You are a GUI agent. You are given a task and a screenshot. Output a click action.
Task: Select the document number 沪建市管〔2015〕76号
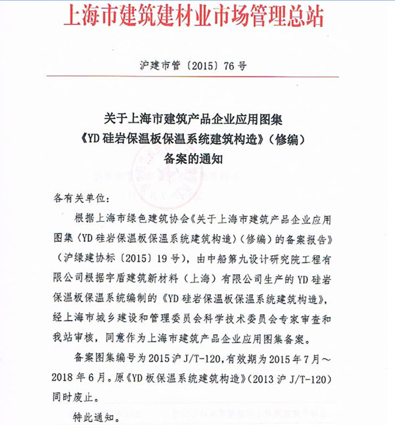tap(197, 66)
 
